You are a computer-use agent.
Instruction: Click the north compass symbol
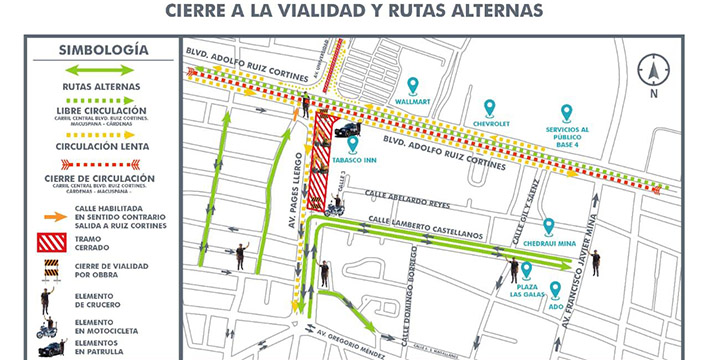pyautogui.click(x=654, y=72)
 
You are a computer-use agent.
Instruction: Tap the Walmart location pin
pyautogui.click(x=412, y=86)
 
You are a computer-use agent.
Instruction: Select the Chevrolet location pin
pyautogui.click(x=489, y=109)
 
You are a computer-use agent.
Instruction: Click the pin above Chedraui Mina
pyautogui.click(x=548, y=228)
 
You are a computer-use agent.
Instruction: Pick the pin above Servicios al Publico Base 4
pyautogui.click(x=566, y=113)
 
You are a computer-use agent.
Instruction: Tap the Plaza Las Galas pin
pyautogui.click(x=526, y=269)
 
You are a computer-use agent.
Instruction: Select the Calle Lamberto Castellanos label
pyautogui.click(x=427, y=223)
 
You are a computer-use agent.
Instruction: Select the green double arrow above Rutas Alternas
pyautogui.click(x=97, y=70)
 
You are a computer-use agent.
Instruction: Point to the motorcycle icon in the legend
pyautogui.click(x=45, y=327)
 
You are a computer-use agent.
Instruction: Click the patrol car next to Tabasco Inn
pyautogui.click(x=347, y=129)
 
